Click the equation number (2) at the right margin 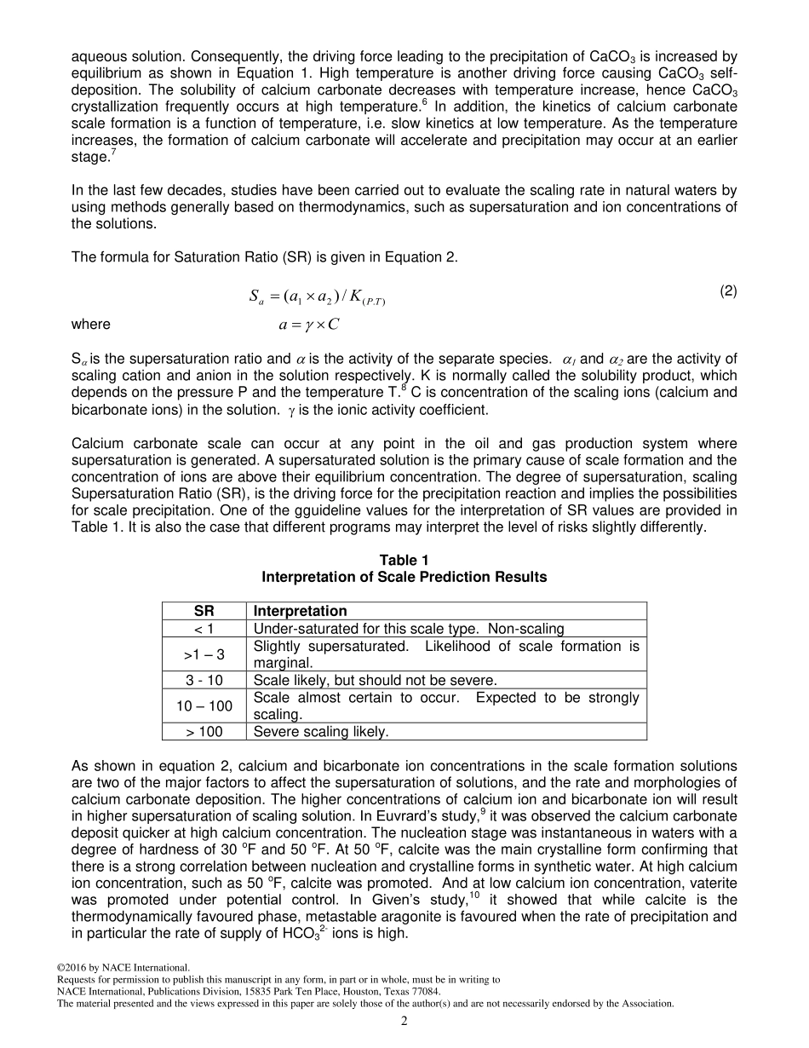(x=728, y=291)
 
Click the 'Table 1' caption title (x=404, y=560)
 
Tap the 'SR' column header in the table (x=204, y=611)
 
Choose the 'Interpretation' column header (x=301, y=611)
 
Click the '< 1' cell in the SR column (x=204, y=629)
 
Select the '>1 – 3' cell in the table (x=204, y=654)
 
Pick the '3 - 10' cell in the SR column (x=204, y=680)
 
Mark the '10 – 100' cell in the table (x=204, y=705)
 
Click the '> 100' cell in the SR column (x=204, y=731)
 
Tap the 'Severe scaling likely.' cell (x=321, y=731)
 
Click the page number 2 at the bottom (x=404, y=1022)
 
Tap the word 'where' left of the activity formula (x=90, y=325)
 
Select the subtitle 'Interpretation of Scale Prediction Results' (x=404, y=577)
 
